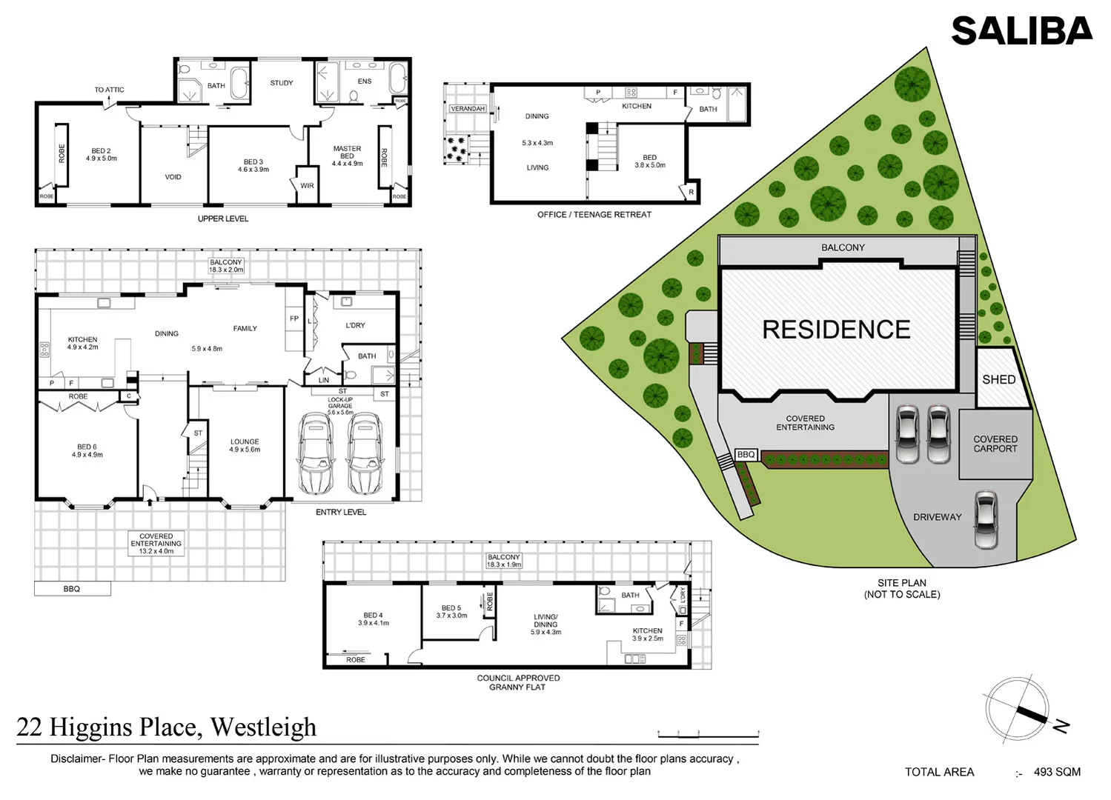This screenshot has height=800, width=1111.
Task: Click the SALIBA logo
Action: (1021, 31)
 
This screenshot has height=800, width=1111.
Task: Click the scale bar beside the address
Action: (708, 735)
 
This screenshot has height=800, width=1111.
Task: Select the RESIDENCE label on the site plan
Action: (836, 330)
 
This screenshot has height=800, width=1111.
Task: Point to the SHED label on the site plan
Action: (998, 379)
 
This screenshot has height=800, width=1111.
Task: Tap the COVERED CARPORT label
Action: (995, 444)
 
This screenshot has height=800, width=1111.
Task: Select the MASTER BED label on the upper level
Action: (347, 153)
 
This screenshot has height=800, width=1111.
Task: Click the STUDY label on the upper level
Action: (282, 83)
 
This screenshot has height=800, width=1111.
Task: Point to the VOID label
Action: (173, 177)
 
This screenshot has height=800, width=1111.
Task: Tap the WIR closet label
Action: (307, 186)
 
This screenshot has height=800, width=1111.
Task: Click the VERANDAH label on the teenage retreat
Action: (468, 109)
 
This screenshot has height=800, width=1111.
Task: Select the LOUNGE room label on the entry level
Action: (245, 441)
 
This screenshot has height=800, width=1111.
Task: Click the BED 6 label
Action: (87, 447)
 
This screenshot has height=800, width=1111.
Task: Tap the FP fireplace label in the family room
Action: (294, 319)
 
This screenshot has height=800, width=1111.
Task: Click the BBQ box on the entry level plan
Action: (72, 589)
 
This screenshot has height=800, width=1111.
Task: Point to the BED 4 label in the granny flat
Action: (373, 615)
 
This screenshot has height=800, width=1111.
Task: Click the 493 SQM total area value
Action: (1057, 772)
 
